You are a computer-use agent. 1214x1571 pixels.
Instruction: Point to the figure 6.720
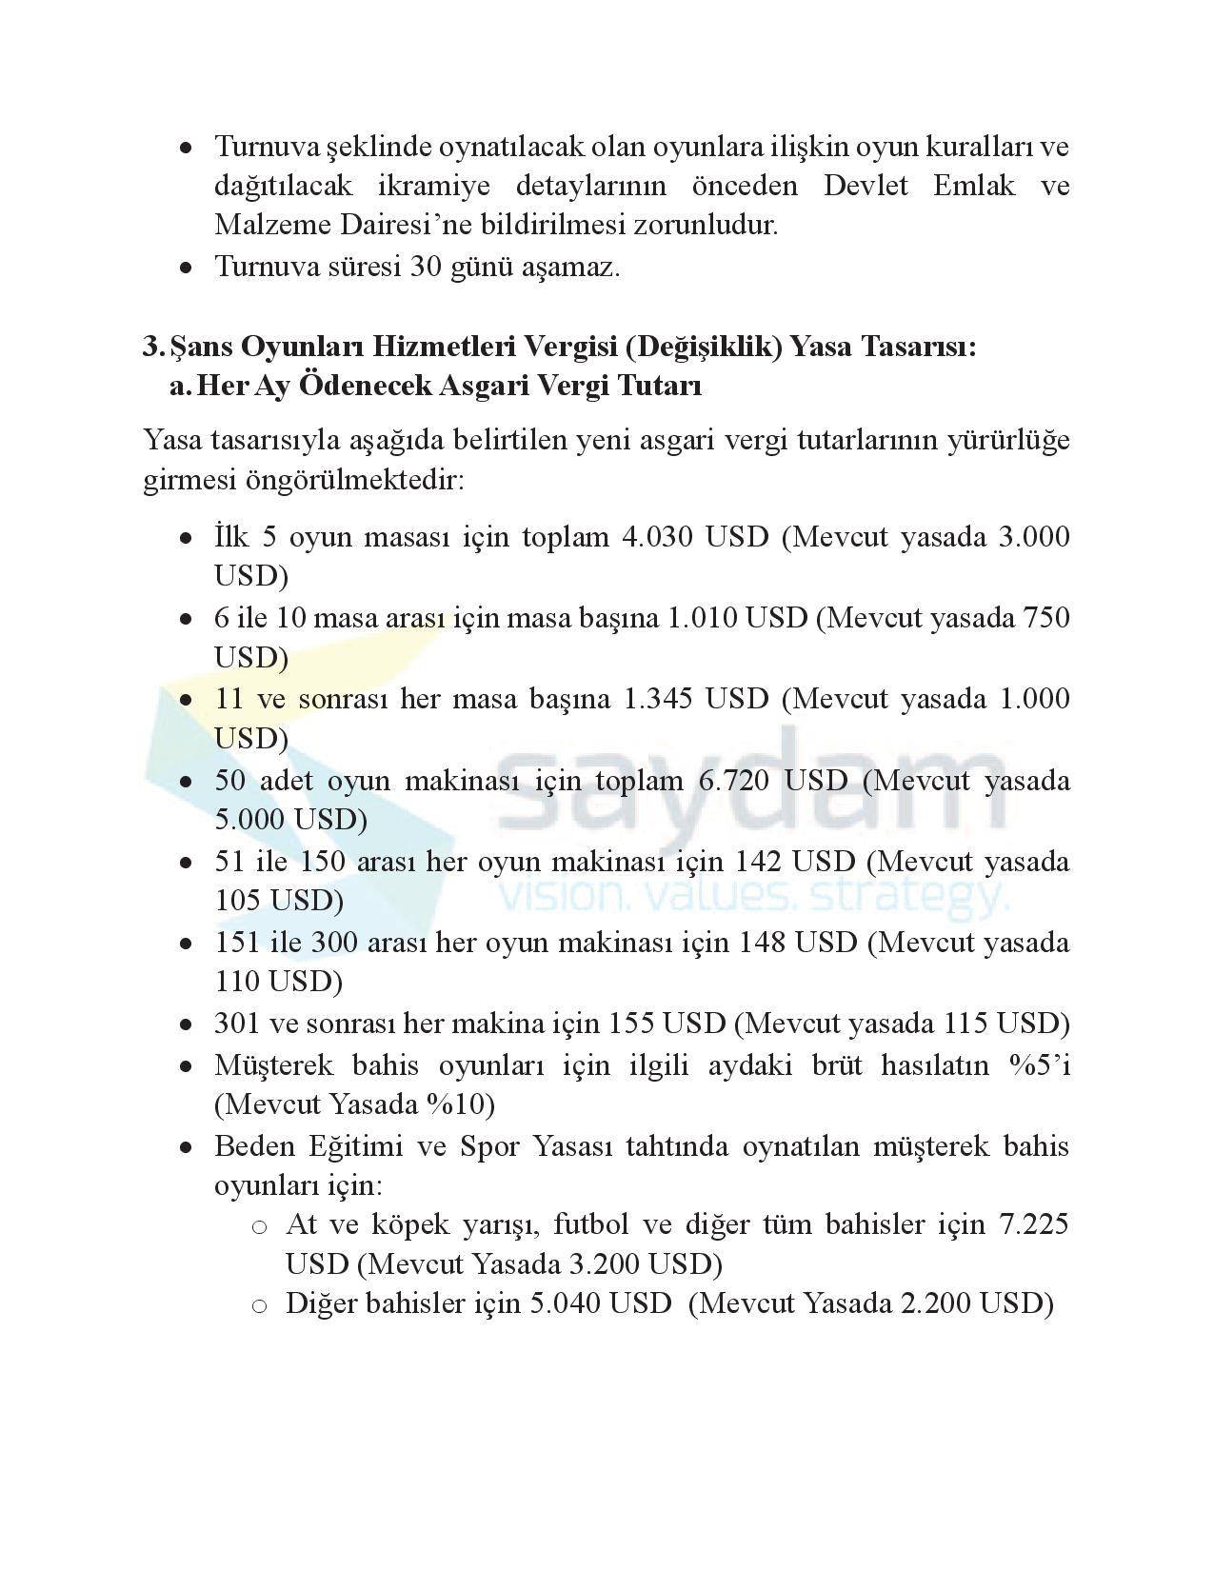734,781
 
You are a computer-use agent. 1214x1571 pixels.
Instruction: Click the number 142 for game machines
758,862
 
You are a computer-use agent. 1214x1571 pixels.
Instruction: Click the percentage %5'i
1040,1064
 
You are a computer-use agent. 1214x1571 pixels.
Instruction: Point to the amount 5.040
565,1303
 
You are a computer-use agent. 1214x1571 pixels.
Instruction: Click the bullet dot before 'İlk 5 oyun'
187,538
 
